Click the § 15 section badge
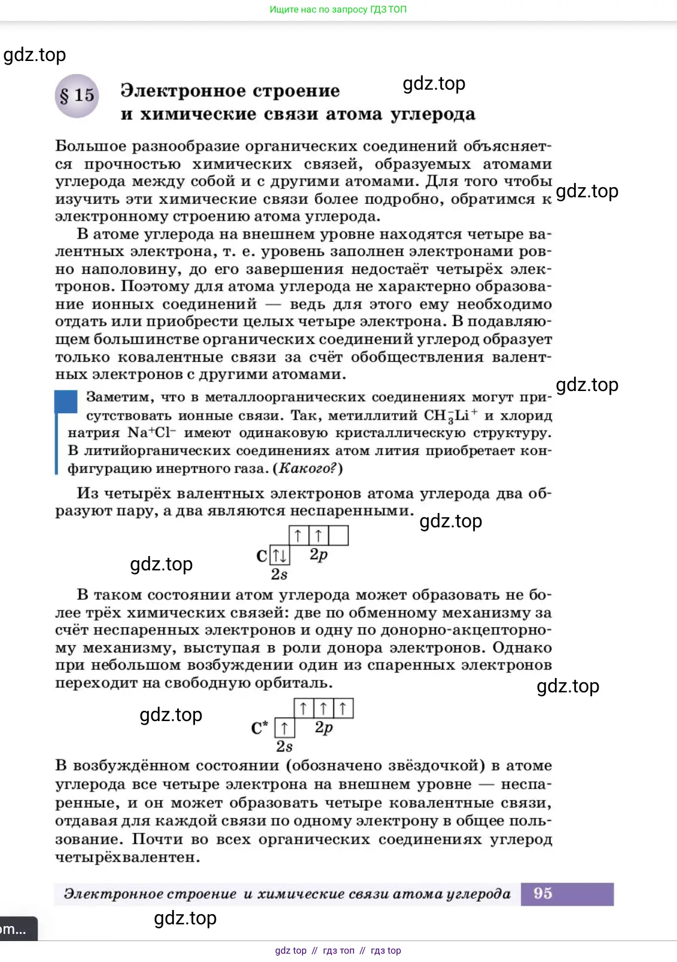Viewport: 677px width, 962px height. tap(77, 96)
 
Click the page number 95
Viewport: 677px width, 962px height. tap(542, 893)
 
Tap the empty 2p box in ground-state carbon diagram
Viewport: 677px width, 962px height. tap(338, 535)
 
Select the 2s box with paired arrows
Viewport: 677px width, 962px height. tap(279, 555)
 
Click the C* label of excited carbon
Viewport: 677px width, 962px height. tap(259, 728)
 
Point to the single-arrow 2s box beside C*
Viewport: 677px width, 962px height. tap(285, 728)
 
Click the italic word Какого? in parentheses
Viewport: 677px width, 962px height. tap(307, 468)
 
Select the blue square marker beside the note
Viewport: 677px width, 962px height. tap(66, 402)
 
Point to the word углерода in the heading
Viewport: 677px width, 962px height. tap(433, 114)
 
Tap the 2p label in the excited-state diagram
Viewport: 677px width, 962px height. tap(324, 727)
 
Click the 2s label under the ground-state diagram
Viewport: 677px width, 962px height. tap(279, 574)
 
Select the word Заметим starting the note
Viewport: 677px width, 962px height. tap(120, 397)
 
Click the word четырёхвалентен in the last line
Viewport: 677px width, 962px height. tap(127, 857)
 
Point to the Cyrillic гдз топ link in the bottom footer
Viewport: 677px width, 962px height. tap(338, 951)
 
